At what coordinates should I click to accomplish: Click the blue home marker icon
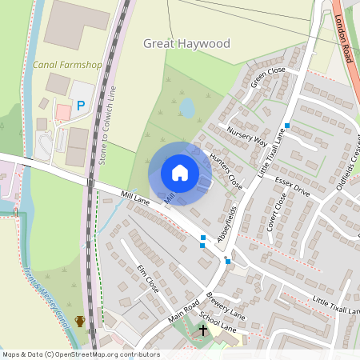pyautogui.click(x=180, y=173)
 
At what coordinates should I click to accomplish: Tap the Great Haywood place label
pyautogui.click(x=186, y=44)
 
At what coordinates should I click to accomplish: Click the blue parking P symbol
pyautogui.click(x=80, y=105)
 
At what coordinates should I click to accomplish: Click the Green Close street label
pyautogui.click(x=268, y=77)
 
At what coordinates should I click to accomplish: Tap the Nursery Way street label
pyautogui.click(x=246, y=135)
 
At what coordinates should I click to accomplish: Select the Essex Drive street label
pyautogui.click(x=292, y=188)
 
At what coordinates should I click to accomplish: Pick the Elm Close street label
pyautogui.click(x=148, y=276)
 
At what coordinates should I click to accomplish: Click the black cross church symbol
pyautogui.click(x=202, y=330)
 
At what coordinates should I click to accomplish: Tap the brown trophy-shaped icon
pyautogui.click(x=80, y=322)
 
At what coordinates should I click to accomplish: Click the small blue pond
pyautogui.click(x=187, y=107)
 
